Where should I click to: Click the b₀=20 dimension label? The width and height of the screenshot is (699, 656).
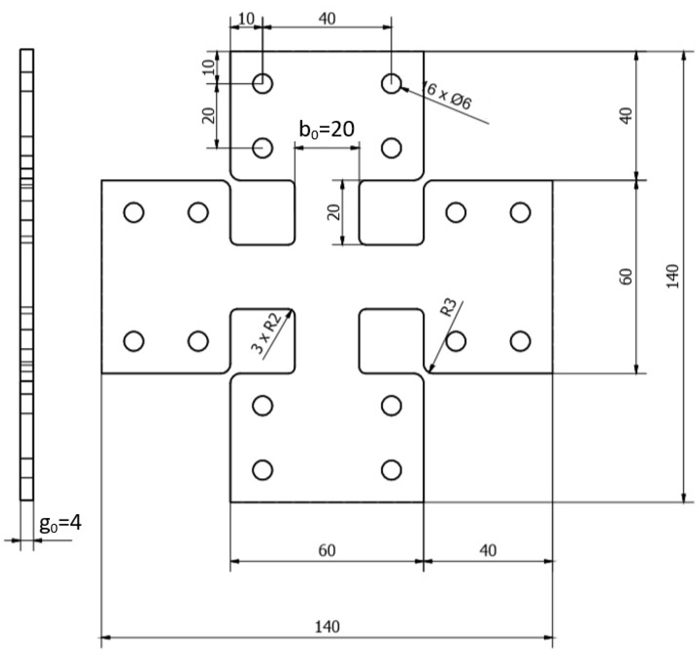(327, 130)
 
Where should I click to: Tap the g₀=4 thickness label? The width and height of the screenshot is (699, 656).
(60, 524)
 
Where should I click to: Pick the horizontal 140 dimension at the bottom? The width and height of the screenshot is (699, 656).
(327, 627)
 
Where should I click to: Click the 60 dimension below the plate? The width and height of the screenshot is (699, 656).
(327, 550)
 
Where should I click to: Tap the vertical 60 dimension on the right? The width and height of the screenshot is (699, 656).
(626, 277)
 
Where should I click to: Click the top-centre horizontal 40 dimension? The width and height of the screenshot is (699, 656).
(327, 19)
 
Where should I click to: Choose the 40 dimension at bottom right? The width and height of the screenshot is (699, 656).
(488, 550)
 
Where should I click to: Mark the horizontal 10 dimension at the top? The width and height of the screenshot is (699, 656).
(246, 19)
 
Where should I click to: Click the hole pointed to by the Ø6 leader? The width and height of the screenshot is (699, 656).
(391, 84)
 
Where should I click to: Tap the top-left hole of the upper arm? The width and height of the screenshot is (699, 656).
(263, 84)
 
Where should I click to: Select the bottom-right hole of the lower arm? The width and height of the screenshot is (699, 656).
(391, 470)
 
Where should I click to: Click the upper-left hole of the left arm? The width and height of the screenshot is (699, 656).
(134, 212)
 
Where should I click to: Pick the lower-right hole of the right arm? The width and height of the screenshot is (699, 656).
(520, 341)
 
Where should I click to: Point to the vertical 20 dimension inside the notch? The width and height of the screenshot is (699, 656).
(334, 212)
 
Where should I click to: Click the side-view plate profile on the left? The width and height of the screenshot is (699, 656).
(27, 274)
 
